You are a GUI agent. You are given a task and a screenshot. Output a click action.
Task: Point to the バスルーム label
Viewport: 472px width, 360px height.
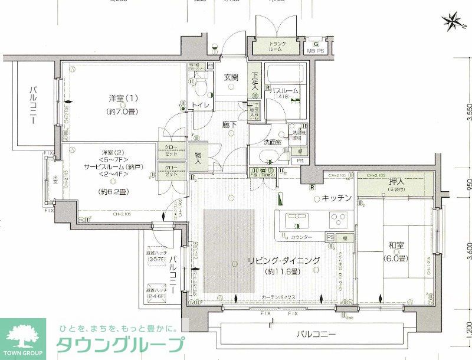286,91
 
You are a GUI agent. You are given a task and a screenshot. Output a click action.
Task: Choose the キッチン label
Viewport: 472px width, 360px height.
337,198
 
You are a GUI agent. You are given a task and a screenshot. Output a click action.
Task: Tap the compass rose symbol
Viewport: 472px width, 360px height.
455,22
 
